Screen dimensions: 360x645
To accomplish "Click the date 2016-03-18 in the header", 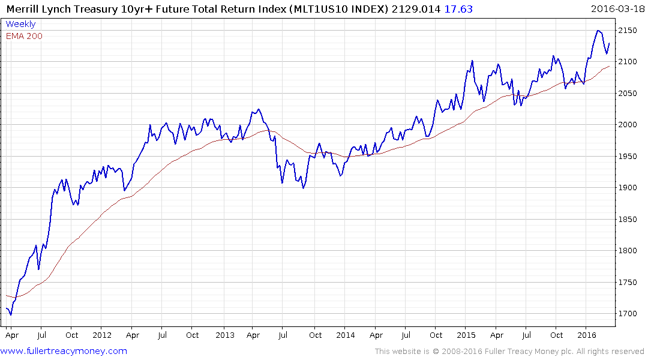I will tap(616, 8).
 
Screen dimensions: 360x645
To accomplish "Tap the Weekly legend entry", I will tap(20, 25).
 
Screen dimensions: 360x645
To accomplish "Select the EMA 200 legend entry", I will tap(24, 36).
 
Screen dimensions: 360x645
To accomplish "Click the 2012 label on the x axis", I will tap(101, 335).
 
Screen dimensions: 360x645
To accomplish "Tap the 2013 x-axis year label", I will tap(224, 335).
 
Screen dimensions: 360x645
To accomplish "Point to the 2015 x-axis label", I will tap(466, 335).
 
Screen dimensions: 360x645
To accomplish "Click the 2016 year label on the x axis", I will tap(586, 335).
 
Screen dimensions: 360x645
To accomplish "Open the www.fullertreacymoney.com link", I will tap(64, 351).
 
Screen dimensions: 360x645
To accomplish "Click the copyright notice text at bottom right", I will tap(509, 352).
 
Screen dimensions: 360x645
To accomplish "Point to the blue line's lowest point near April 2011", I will tap(10, 314).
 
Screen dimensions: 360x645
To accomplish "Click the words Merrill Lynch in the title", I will tap(38, 8).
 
